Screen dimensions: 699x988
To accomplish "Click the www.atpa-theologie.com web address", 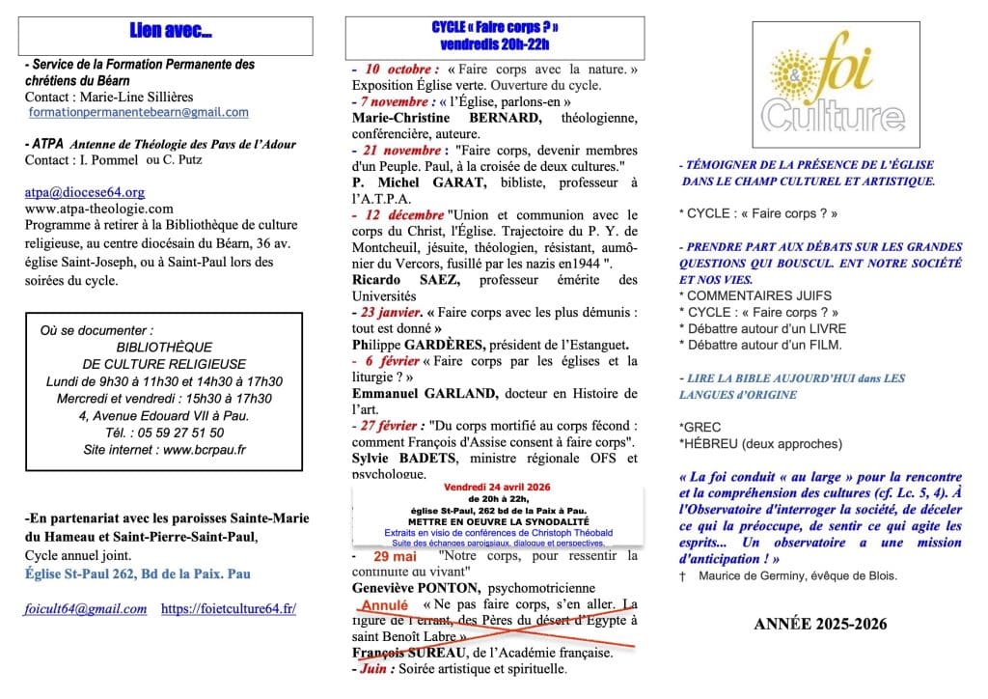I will [x=99, y=208].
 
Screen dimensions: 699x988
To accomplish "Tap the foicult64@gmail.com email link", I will [x=86, y=609].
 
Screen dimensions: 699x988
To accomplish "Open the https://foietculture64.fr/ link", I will [x=229, y=609].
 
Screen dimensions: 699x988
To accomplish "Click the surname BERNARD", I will [x=488, y=117].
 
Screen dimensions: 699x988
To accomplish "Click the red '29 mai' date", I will [x=395, y=557].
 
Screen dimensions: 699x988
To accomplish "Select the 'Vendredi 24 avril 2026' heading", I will [x=496, y=486].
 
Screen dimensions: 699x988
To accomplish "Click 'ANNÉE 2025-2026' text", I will [x=820, y=625].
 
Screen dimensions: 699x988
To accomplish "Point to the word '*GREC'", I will [x=700, y=427].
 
